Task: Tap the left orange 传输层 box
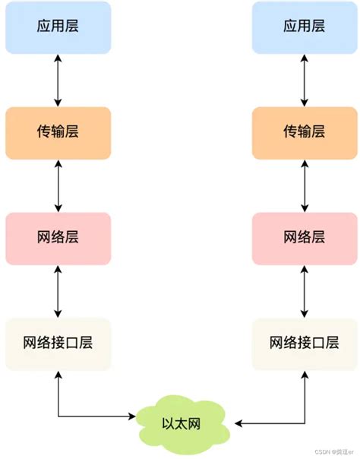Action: pos(58,131)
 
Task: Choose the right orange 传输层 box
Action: pos(304,131)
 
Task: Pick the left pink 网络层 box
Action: pos(58,237)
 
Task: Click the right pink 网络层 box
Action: pos(304,237)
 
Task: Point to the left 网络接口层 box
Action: pos(58,343)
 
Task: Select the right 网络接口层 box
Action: pos(304,343)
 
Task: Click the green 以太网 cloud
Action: pos(183,421)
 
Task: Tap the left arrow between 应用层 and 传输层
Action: pos(58,79)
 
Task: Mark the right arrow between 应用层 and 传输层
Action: pos(304,79)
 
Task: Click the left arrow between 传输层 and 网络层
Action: pos(58,185)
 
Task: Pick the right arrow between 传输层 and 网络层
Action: pos(304,185)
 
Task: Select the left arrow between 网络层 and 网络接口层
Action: pos(58,290)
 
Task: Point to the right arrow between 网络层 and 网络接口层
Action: pos(304,290)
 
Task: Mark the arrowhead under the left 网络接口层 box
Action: pos(58,374)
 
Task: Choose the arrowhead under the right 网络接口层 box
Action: pos(304,374)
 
